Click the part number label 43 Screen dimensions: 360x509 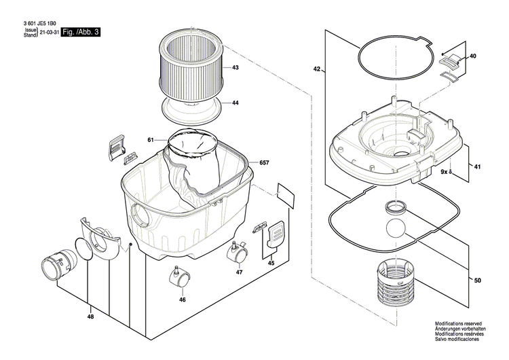coord(235,69)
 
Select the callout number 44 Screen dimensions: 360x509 coord(235,103)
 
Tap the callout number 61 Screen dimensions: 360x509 coord(151,140)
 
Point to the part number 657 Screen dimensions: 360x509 coord(264,163)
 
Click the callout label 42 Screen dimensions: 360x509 coord(316,69)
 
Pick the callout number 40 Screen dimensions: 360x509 coord(472,56)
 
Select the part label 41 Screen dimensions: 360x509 coord(477,167)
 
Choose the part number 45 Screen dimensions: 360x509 coord(271,263)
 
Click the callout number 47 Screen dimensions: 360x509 coord(239,272)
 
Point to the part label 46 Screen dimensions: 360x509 coord(182,299)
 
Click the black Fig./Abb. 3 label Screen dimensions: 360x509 coord(81,32)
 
